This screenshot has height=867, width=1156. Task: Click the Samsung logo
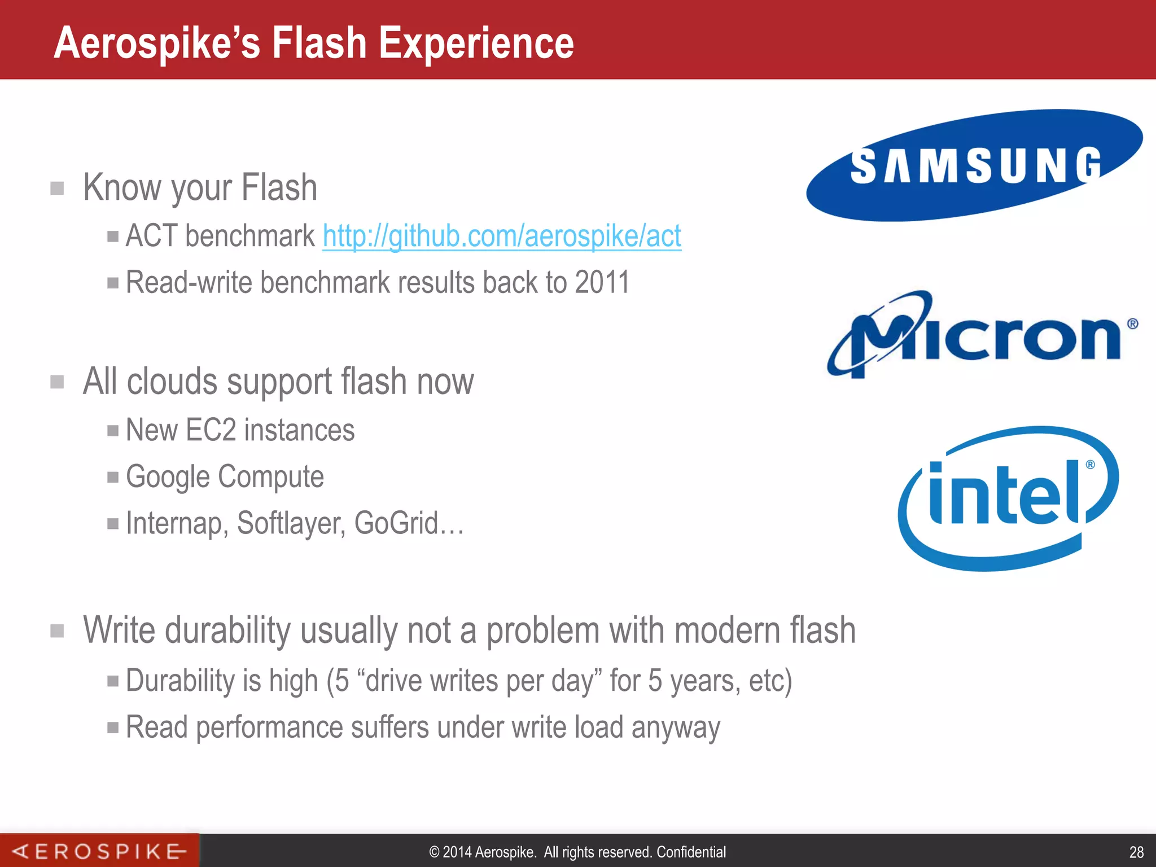coord(975,165)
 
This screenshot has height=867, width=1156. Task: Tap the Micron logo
coord(982,335)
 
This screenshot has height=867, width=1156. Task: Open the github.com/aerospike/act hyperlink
coord(502,235)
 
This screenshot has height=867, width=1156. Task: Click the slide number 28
coord(1136,852)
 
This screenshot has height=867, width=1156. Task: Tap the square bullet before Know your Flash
coord(57,188)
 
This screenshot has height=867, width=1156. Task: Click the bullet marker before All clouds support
coord(57,382)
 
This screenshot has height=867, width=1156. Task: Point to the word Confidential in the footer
coord(691,852)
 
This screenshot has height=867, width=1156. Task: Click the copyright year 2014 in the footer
coord(457,852)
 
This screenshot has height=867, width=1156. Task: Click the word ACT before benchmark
coord(152,235)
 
